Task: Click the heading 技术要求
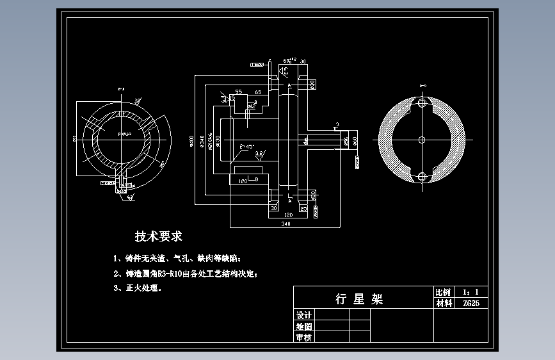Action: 158,237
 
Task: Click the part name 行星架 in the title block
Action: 359,299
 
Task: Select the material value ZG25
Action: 471,303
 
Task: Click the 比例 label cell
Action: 442,291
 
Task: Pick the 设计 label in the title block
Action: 303,315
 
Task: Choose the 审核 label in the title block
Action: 303,337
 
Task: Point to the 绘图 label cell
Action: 303,326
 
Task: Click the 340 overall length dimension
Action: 285,225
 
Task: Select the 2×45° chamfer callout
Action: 246,147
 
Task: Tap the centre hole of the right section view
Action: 421,139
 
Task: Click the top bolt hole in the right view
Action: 421,102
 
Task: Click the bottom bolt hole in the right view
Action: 421,176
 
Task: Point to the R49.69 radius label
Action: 124,135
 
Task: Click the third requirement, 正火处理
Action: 138,288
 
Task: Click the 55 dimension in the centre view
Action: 238,93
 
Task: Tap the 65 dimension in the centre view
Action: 258,93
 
